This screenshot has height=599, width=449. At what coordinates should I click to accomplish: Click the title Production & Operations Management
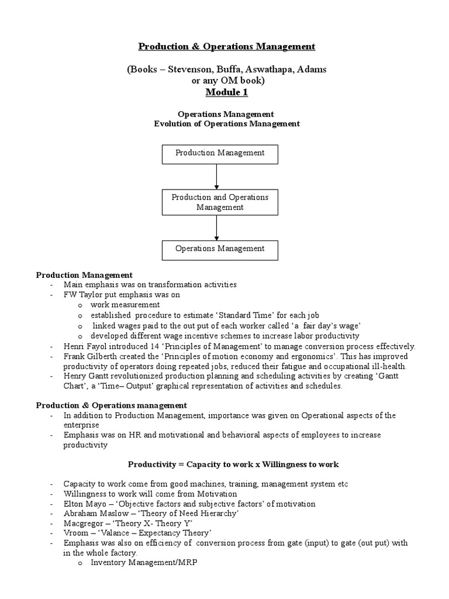click(x=226, y=47)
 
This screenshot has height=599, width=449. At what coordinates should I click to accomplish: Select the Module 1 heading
click(x=226, y=92)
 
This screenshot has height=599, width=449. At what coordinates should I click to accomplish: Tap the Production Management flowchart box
click(x=220, y=153)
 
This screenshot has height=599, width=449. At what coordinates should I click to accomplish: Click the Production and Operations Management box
click(x=220, y=202)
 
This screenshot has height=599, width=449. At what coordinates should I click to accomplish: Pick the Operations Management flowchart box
click(x=220, y=249)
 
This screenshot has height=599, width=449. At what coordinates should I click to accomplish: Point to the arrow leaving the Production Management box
click(x=217, y=176)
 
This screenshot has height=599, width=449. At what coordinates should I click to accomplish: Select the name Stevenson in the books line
click(x=194, y=70)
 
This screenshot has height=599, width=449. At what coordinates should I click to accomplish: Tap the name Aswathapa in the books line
click(x=268, y=70)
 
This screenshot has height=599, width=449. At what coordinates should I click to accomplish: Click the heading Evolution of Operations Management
click(x=226, y=124)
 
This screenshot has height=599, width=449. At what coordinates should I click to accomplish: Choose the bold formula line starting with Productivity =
click(x=233, y=464)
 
